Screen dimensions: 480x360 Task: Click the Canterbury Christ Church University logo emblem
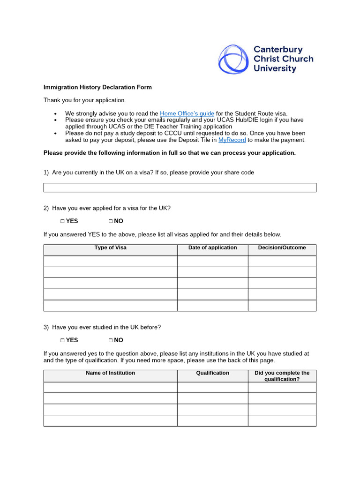point(233,59)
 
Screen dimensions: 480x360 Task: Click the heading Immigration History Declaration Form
point(97,87)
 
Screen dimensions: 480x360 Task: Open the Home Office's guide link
point(187,113)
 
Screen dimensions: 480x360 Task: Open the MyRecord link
point(232,140)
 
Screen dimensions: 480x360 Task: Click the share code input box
point(180,187)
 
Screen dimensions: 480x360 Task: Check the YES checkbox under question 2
point(62,221)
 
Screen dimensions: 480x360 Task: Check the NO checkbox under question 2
point(111,221)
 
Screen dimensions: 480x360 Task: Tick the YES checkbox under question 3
point(62,340)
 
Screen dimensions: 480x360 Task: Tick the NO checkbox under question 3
point(111,340)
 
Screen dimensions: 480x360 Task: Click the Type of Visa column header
point(110,248)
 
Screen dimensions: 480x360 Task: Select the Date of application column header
point(212,248)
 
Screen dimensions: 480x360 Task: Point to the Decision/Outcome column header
point(282,248)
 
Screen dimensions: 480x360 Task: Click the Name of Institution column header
point(110,373)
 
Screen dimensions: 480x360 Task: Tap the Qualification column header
point(212,373)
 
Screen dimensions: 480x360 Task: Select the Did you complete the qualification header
point(282,376)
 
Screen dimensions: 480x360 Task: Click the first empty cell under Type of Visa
point(110,261)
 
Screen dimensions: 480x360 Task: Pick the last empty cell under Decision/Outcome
point(282,306)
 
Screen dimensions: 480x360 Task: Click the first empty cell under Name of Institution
point(110,387)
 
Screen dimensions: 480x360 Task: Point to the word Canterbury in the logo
point(278,49)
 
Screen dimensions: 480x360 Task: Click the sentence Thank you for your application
point(85,100)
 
